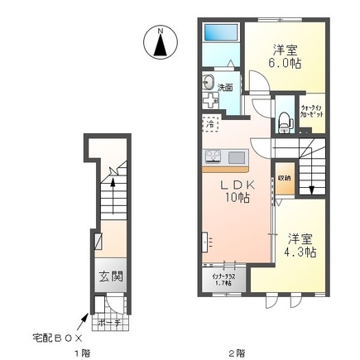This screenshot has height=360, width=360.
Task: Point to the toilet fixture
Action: click(285, 121)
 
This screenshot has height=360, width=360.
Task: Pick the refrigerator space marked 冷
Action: click(210, 124)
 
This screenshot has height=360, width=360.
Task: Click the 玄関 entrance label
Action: click(107, 277)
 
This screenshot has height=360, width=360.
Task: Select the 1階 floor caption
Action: click(84, 354)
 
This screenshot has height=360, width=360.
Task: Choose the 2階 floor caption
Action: click(236, 354)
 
